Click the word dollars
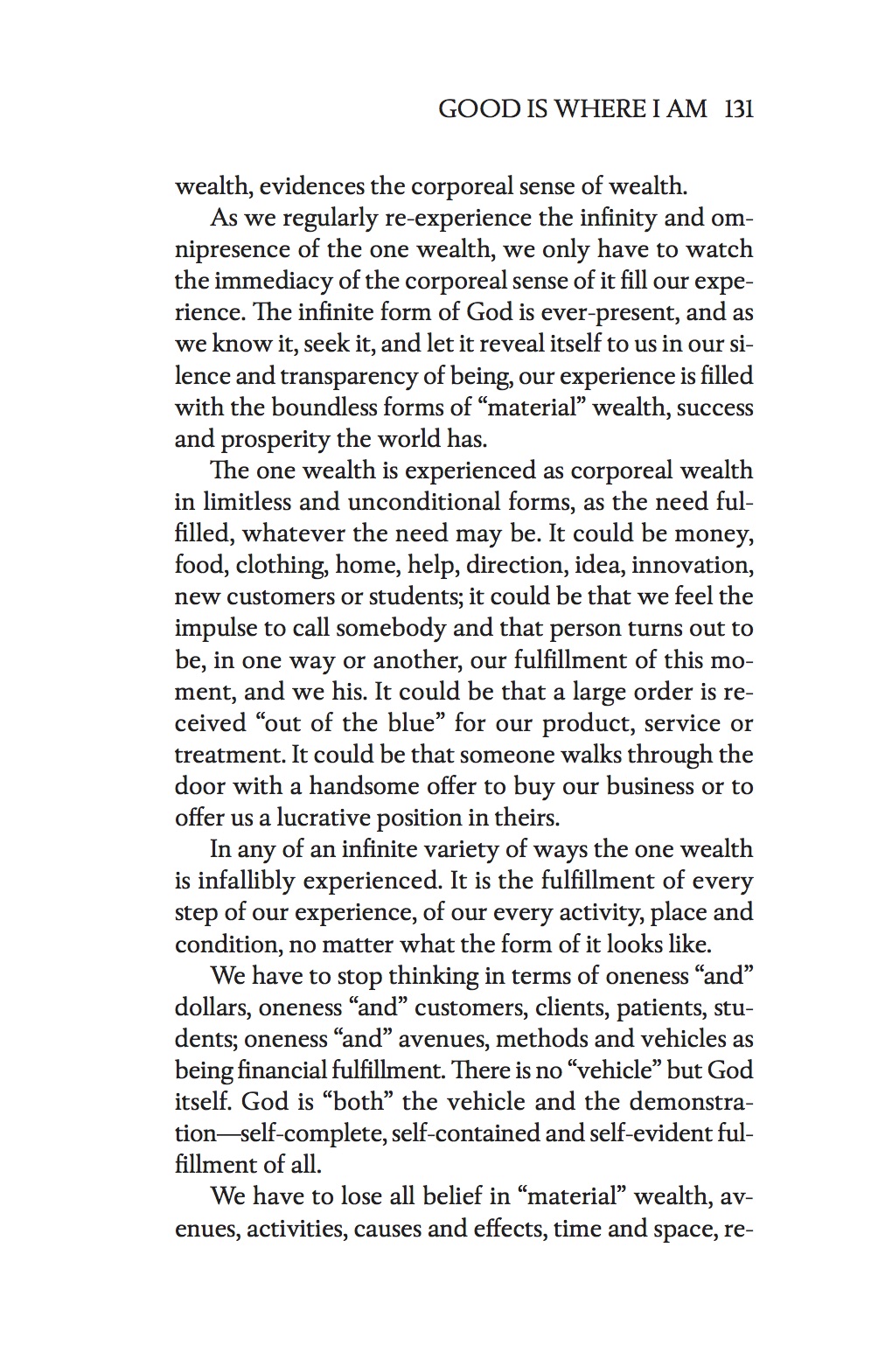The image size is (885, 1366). coord(213,1008)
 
